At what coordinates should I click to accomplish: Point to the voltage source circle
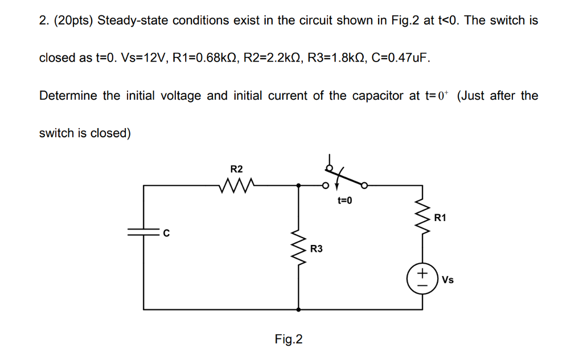tap(421, 279)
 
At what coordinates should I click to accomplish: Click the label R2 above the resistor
tap(236, 169)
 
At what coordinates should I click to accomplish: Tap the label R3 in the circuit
tap(317, 249)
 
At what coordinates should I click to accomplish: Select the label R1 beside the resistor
tap(440, 218)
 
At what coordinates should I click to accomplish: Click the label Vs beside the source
tap(447, 280)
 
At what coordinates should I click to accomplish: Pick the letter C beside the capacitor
tap(166, 232)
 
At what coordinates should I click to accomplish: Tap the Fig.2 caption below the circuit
tap(289, 339)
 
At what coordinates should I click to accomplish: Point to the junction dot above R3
tap(299, 185)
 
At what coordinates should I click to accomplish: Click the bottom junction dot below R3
tap(299, 309)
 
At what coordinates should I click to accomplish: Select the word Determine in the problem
tap(68, 96)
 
